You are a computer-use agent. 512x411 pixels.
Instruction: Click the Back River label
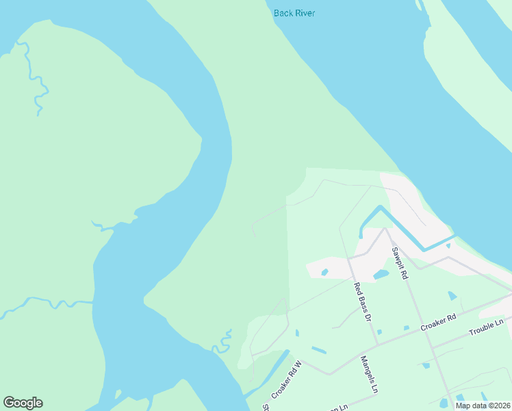click(294, 13)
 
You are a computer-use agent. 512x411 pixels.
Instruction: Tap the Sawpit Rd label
click(400, 263)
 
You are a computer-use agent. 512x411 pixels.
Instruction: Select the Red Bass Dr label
click(362, 302)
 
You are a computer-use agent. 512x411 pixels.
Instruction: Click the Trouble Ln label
click(485, 327)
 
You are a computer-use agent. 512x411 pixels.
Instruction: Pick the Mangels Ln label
click(370, 374)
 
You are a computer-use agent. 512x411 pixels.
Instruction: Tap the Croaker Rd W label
click(286, 380)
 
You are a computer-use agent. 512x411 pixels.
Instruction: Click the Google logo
click(23, 403)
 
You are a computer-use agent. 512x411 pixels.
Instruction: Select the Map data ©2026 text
click(482, 406)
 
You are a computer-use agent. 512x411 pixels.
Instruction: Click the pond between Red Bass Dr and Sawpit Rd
click(381, 275)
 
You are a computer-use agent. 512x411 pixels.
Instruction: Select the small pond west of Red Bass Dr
click(324, 272)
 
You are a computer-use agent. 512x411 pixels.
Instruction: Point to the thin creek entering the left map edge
click(27, 303)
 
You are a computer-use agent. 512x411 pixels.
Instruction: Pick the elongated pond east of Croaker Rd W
click(319, 350)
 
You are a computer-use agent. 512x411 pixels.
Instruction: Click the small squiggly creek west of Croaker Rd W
click(223, 342)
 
